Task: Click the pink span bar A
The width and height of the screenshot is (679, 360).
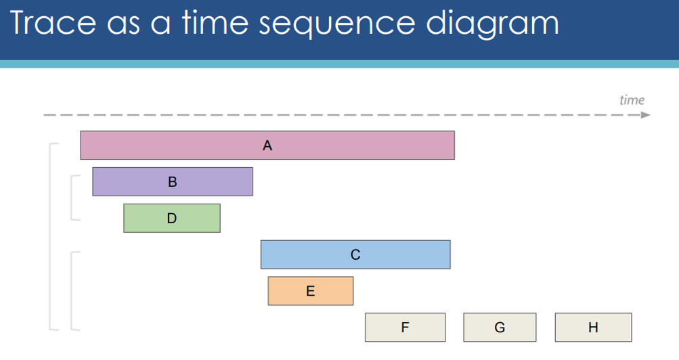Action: pos(267,145)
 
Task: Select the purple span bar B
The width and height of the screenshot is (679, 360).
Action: pos(173,182)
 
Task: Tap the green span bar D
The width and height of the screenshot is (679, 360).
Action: pos(172,218)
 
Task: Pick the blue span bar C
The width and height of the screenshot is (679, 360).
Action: pos(355,254)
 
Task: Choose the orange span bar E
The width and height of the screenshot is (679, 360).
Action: pos(311,291)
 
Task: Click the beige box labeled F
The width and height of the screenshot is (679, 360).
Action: pos(405,327)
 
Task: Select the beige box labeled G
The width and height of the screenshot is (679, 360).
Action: pos(500,327)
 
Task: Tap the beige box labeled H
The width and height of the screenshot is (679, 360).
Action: pos(593,327)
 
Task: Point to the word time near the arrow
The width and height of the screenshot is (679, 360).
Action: pos(632,100)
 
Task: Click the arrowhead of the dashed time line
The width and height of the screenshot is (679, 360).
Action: pos(646,114)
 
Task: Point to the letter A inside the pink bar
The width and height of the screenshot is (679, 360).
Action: pos(267,145)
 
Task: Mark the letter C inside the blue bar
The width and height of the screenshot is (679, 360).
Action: pos(355,254)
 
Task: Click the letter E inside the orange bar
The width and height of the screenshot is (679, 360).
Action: pos(311,291)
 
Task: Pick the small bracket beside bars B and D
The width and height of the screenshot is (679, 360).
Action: pos(72,198)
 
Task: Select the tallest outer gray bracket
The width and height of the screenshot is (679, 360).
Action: pos(50,236)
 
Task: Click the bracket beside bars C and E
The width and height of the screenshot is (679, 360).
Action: pos(72,291)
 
